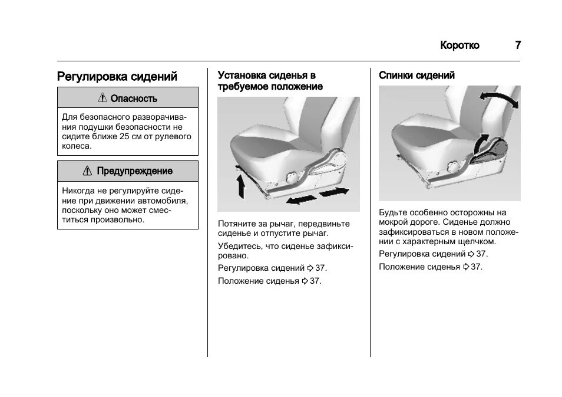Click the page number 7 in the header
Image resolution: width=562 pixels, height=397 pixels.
click(x=517, y=45)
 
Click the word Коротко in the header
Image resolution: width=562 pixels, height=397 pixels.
click(x=459, y=45)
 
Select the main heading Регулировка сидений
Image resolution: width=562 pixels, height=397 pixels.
click(x=117, y=77)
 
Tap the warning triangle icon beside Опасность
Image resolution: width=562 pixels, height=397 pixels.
click(x=103, y=98)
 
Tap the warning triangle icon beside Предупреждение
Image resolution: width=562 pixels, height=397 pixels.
click(x=87, y=171)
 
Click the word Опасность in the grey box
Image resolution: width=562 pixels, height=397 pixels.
click(x=134, y=99)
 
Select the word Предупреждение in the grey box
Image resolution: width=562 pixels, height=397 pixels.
click(x=134, y=171)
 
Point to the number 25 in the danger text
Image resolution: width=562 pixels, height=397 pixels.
click(x=124, y=136)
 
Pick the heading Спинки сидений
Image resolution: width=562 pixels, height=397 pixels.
click(x=416, y=76)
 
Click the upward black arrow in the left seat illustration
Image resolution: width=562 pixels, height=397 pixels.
click(x=240, y=183)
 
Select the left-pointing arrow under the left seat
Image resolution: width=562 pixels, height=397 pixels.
click(x=299, y=201)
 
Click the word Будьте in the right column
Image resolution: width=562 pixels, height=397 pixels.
click(x=392, y=212)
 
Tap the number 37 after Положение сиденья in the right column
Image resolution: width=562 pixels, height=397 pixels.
click(x=476, y=267)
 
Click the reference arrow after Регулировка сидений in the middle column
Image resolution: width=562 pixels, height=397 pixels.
click(x=310, y=268)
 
